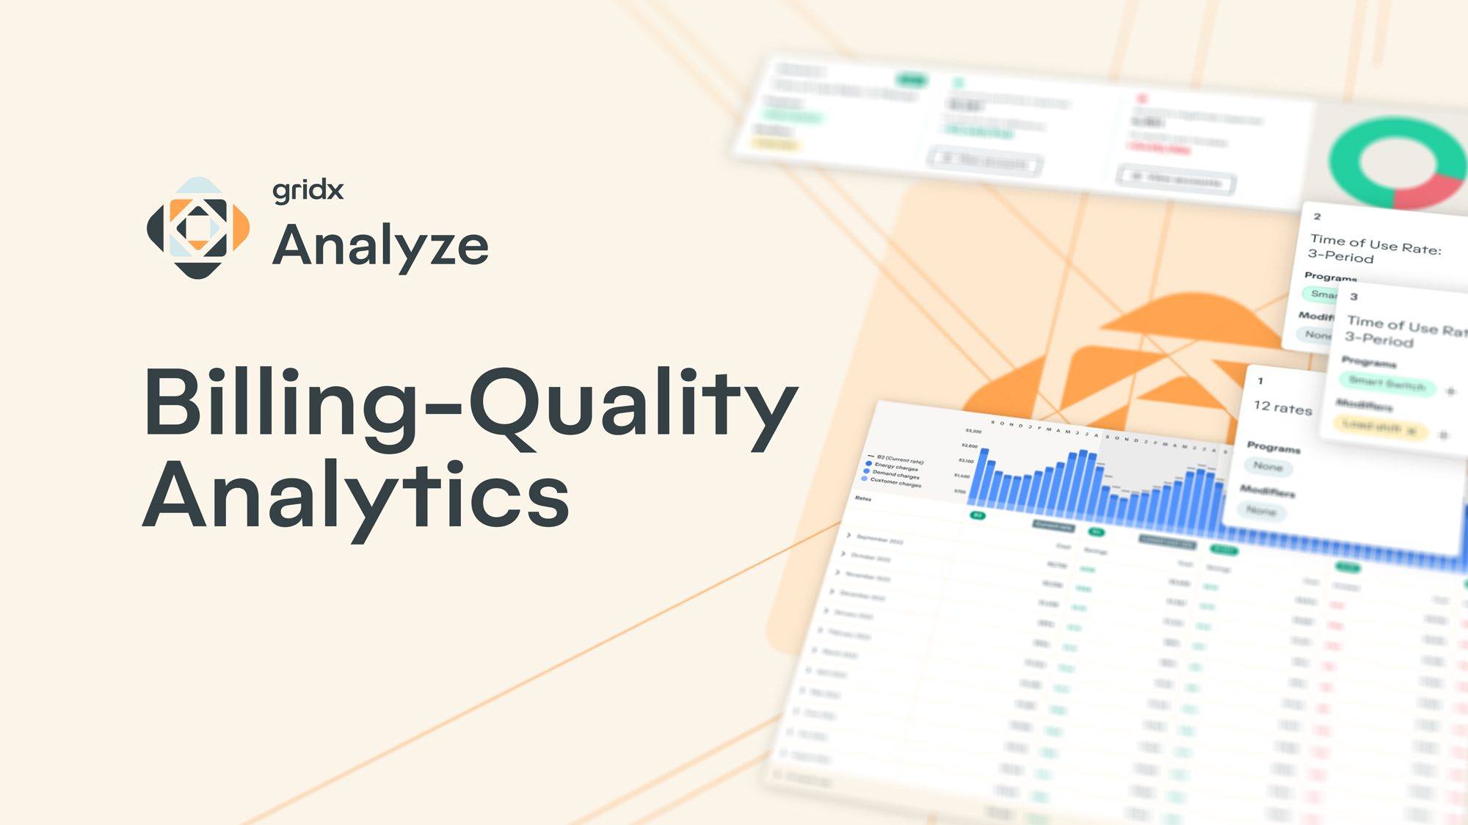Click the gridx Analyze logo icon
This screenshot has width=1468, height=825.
pyautogui.click(x=198, y=228)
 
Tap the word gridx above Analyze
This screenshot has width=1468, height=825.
pyautogui.click(x=308, y=191)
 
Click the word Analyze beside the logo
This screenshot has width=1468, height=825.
pyautogui.click(x=380, y=246)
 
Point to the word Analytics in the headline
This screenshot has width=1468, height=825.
pyautogui.click(x=356, y=495)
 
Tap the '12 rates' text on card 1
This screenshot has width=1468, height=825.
pyautogui.click(x=1282, y=408)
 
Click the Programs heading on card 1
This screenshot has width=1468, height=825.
pyautogui.click(x=1273, y=447)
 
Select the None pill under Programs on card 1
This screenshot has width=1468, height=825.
pyautogui.click(x=1268, y=466)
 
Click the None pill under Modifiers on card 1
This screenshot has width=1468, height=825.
pyautogui.click(x=1261, y=510)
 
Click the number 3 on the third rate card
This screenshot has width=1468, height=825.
pyautogui.click(x=1353, y=297)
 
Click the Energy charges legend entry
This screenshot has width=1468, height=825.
pyautogui.click(x=895, y=467)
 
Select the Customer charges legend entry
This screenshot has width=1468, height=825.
pyautogui.click(x=895, y=482)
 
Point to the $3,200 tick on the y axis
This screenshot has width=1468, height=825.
pyautogui.click(x=973, y=431)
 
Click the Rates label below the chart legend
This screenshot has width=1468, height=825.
pyautogui.click(x=863, y=498)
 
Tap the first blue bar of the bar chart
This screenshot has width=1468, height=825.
pyautogui.click(x=984, y=477)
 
